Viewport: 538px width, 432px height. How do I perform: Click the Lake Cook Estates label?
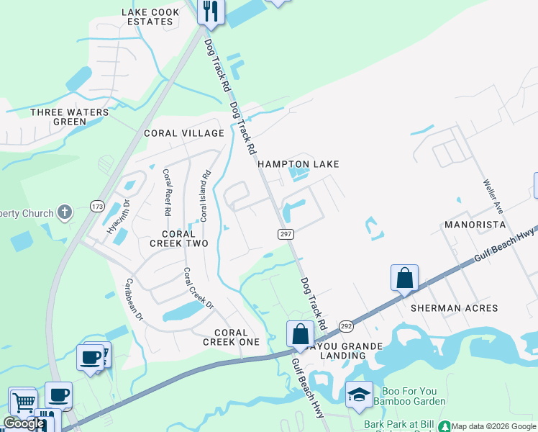click(147, 17)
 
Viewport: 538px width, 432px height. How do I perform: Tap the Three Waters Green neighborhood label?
click(70, 117)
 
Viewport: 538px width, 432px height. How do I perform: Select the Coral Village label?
click(184, 133)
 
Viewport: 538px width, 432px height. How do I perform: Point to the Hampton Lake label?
click(298, 164)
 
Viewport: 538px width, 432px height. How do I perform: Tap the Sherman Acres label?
click(454, 308)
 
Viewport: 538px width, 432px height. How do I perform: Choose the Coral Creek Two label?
click(178, 238)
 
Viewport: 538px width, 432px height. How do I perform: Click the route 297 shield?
click(286, 234)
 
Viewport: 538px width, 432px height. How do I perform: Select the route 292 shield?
click(346, 326)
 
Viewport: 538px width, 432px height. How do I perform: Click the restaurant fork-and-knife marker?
click(211, 11)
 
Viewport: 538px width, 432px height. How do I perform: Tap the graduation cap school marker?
click(359, 394)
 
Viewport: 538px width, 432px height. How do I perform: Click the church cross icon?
click(65, 212)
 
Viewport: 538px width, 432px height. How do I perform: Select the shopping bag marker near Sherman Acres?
click(405, 278)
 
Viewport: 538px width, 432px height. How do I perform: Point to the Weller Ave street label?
click(493, 196)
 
